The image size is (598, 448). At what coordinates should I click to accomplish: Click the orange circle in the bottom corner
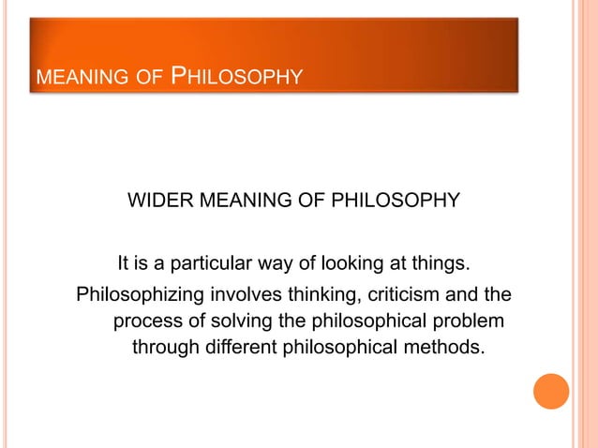tap(551, 392)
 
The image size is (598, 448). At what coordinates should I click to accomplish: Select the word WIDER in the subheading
tap(157, 201)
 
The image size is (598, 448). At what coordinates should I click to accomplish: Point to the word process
tap(147, 322)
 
